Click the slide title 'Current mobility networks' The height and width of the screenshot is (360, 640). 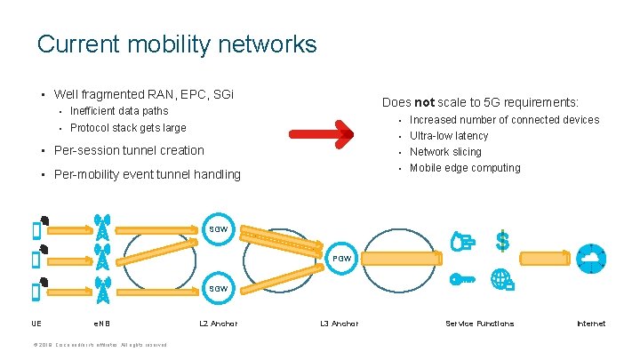(177, 44)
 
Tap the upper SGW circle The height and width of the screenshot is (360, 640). (219, 229)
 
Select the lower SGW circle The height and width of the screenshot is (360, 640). (219, 288)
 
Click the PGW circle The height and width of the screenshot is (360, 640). (343, 258)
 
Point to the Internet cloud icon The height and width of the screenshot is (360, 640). (590, 258)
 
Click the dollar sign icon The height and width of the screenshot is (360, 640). (502, 240)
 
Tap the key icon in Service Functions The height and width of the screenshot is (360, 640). (462, 279)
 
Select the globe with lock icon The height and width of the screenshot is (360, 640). (502, 279)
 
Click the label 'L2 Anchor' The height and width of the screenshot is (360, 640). (218, 324)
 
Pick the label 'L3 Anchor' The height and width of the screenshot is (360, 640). (339, 324)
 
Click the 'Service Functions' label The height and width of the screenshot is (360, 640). (479, 324)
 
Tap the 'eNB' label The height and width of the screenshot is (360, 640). (101, 324)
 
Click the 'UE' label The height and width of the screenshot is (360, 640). (36, 324)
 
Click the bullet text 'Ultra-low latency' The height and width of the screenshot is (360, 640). (449, 136)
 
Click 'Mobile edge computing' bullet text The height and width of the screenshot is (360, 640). (465, 168)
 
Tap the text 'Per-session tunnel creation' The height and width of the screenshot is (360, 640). (129, 150)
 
